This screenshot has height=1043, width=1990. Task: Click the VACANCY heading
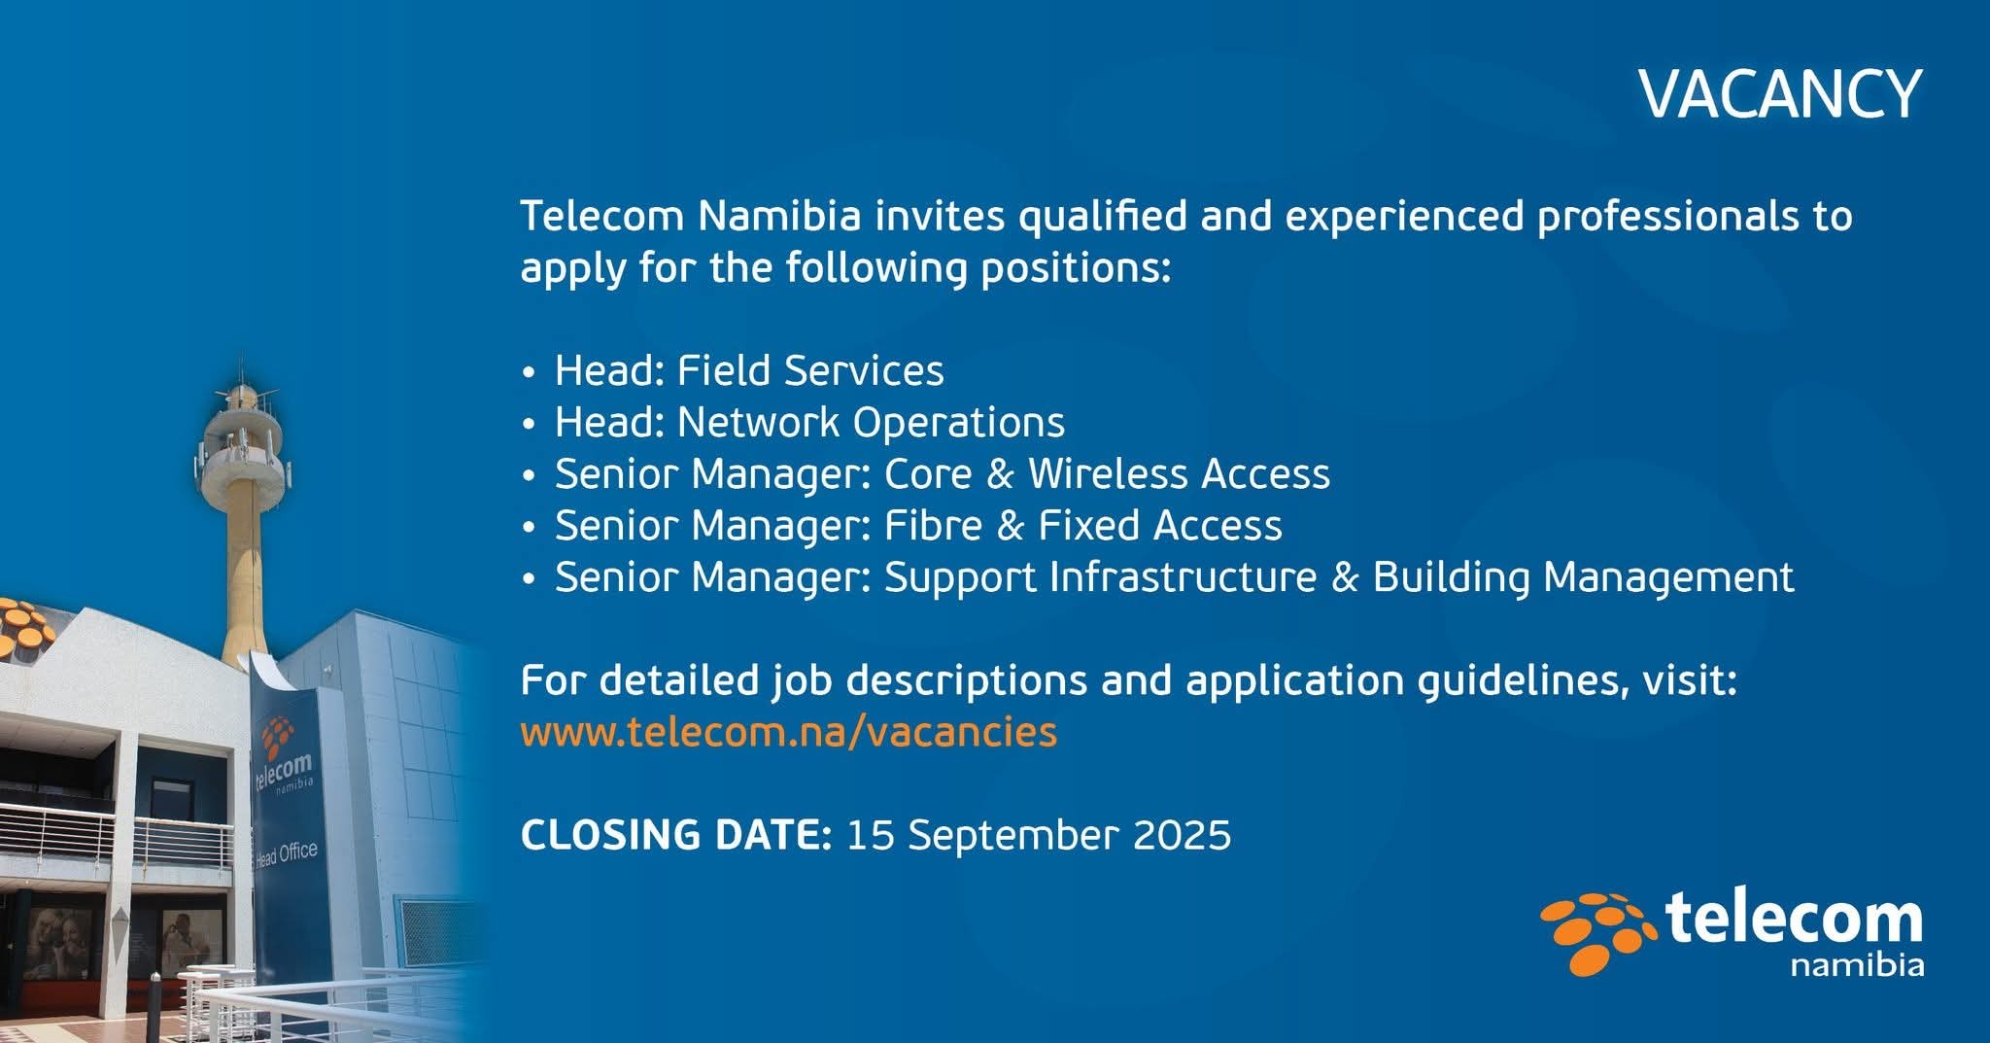click(1780, 94)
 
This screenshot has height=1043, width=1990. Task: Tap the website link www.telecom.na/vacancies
click(788, 731)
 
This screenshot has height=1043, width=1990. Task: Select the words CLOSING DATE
click(676, 835)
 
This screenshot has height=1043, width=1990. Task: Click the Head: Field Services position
click(749, 370)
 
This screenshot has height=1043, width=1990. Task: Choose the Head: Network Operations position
click(809, 423)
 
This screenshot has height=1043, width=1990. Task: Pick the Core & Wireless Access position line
click(943, 474)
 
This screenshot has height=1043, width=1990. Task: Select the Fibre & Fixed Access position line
click(918, 526)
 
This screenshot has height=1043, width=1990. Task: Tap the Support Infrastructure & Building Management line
click(1174, 577)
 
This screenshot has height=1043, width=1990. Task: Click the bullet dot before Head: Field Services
click(529, 373)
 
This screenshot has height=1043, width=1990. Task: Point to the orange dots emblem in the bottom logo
click(1598, 932)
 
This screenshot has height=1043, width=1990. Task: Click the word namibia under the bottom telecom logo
click(1856, 965)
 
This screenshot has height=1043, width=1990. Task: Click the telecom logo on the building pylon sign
click(283, 758)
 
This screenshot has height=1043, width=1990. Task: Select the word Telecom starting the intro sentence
click(601, 216)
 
